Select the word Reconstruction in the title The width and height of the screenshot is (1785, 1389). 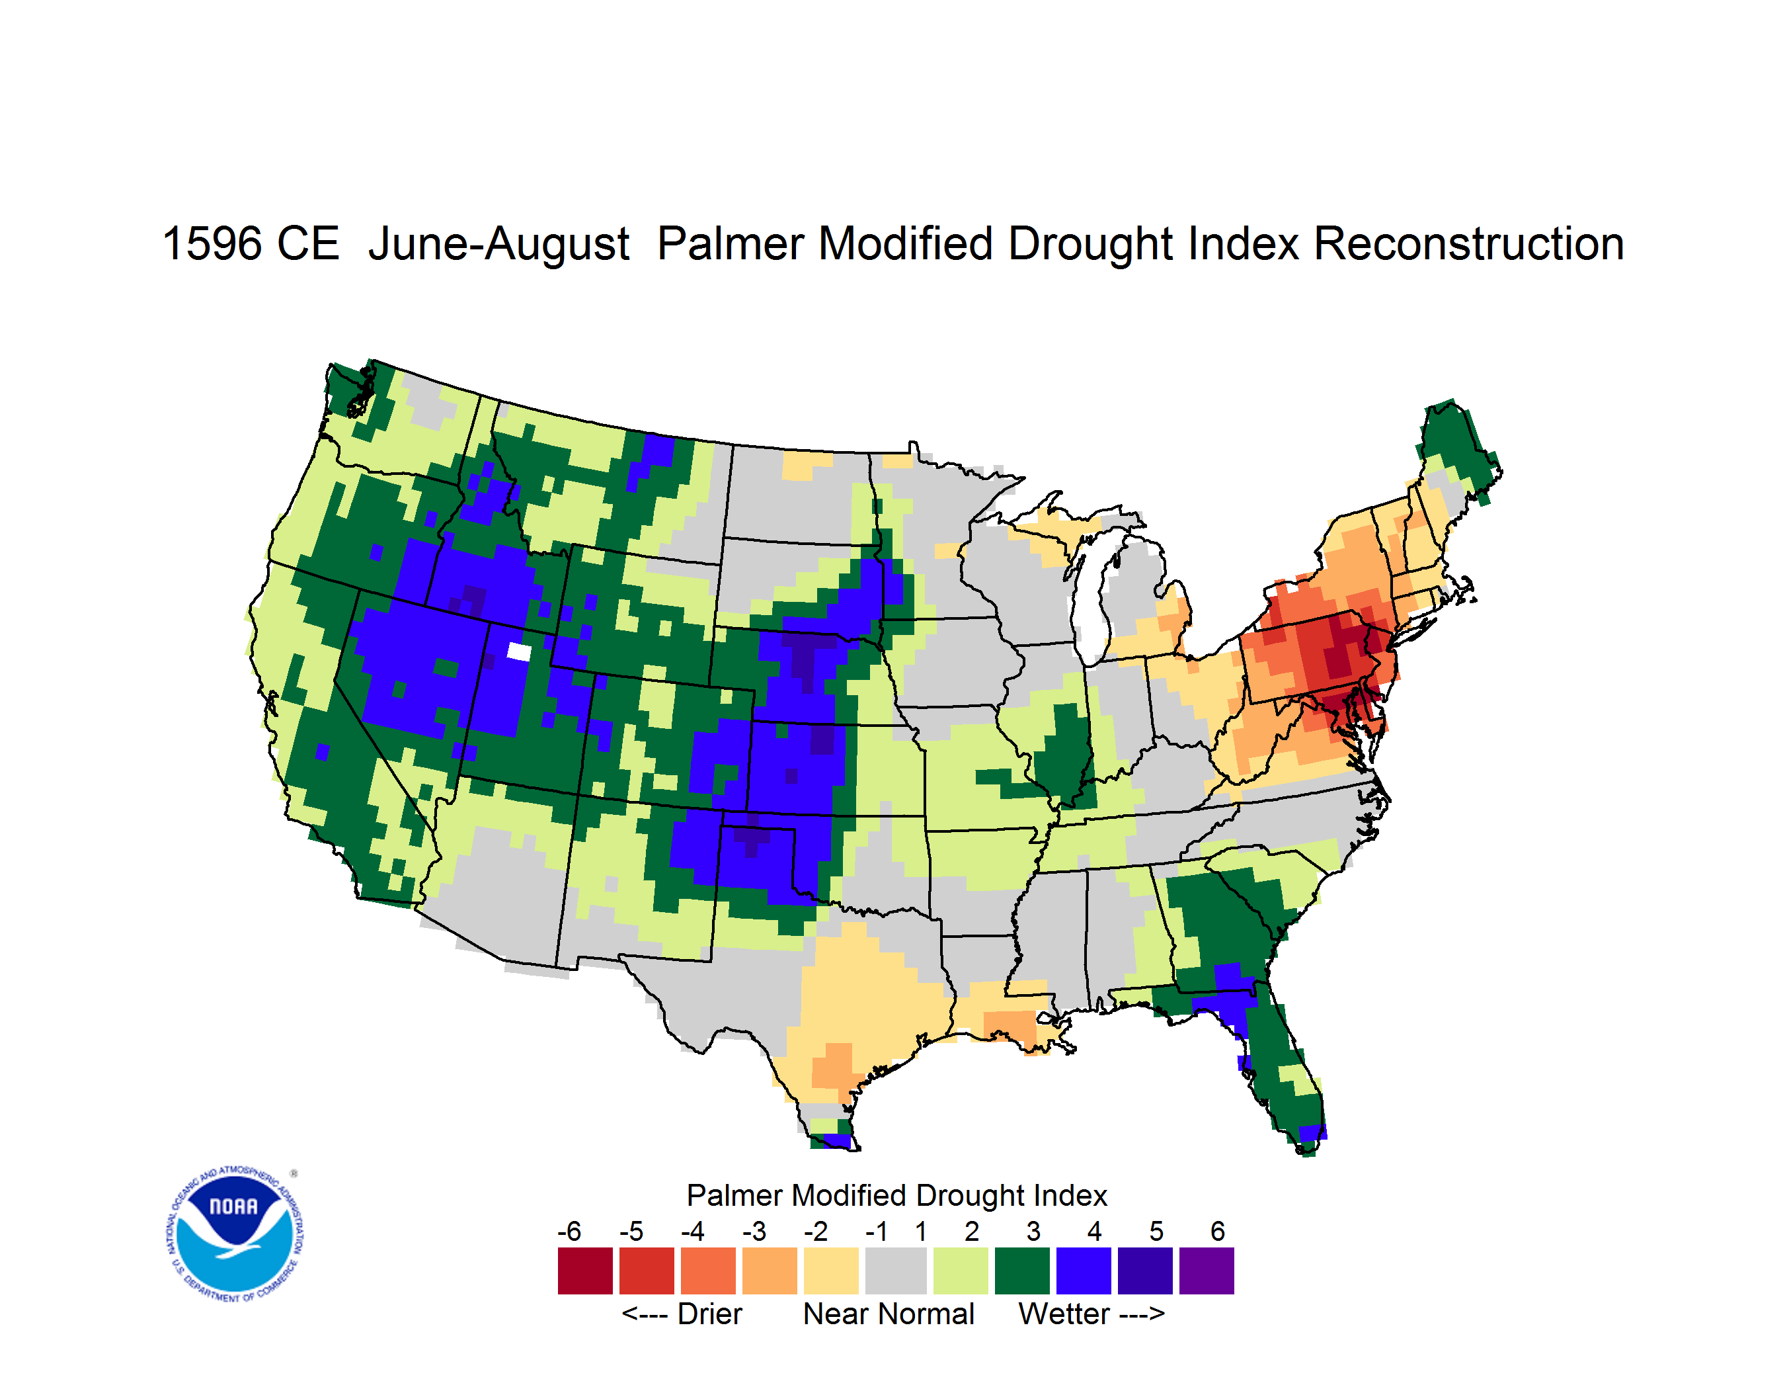[x=1469, y=243]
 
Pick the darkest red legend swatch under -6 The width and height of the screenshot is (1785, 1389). [x=585, y=1271]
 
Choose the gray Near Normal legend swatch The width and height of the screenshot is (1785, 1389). [x=896, y=1271]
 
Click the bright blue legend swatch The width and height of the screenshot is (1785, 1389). [x=1084, y=1271]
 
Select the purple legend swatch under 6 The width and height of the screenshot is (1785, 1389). [x=1207, y=1271]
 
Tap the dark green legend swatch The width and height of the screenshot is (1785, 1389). [x=1021, y=1271]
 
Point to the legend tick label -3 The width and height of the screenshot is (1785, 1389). [x=754, y=1231]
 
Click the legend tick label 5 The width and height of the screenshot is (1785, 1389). [x=1156, y=1231]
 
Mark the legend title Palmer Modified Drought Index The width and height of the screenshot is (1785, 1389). [x=896, y=1195]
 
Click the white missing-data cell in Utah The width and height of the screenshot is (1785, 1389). [x=519, y=652]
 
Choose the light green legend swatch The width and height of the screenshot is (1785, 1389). [x=961, y=1271]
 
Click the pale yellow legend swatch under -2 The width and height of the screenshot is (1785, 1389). [x=831, y=1271]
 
